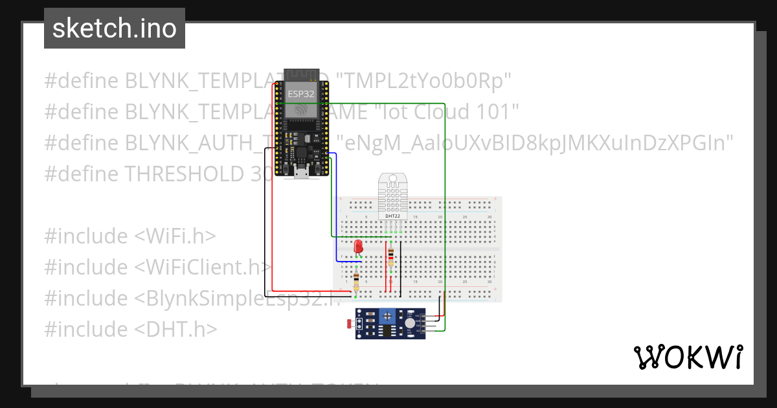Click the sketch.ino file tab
tap(115, 28)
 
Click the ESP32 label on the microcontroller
tap(301, 93)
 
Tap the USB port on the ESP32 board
tap(301, 173)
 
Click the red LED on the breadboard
tap(358, 247)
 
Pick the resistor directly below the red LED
tap(356, 280)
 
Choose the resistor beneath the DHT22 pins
tap(390, 256)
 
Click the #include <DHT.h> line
tap(130, 329)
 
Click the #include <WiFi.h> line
tap(130, 236)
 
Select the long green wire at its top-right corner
tap(444, 104)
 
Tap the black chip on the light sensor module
tap(387, 332)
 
